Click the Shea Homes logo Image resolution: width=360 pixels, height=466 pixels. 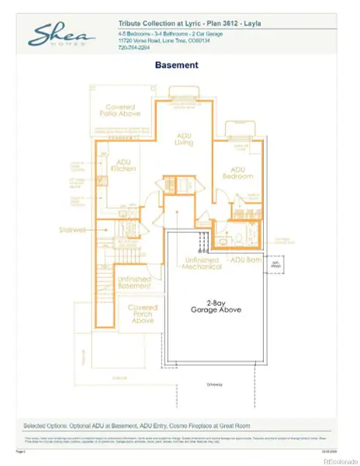62,35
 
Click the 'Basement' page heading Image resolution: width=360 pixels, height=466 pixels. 177,66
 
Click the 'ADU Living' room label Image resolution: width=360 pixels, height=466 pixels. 183,139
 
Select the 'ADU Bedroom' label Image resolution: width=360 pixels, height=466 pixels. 237,172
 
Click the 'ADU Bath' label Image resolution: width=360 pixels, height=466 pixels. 245,259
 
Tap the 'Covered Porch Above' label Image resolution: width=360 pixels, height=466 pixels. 144,314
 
